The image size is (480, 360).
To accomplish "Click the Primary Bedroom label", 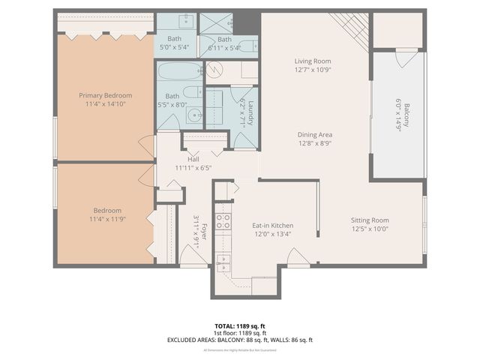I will (106, 95).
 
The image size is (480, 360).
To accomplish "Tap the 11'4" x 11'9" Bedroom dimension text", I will (106, 220).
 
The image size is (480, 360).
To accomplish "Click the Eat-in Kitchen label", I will (271, 225).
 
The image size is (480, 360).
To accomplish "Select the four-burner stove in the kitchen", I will (223, 220).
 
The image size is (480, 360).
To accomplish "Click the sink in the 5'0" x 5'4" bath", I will (184, 21).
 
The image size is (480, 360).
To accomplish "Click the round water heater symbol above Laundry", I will (214, 71).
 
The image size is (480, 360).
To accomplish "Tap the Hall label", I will (193, 159).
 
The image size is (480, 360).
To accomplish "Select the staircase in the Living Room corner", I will (349, 29).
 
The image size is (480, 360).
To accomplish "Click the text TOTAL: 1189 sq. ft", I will (240, 326).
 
